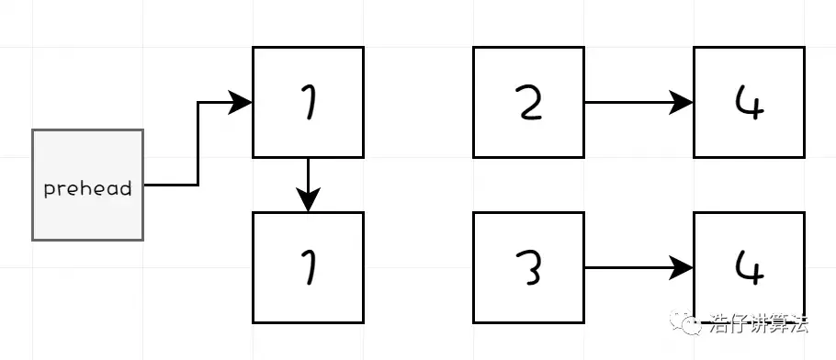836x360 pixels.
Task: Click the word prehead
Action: [x=88, y=189]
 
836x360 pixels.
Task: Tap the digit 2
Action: [x=528, y=103]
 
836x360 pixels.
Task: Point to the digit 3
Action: [x=528, y=267]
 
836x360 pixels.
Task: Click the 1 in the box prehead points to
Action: [x=308, y=103]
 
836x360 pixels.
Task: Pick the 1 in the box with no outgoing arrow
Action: [x=308, y=267]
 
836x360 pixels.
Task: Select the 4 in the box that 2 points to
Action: [x=749, y=103]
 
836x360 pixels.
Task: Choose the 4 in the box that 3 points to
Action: [x=749, y=267]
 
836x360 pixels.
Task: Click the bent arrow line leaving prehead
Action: [x=198, y=147]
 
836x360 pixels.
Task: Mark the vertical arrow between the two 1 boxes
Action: [x=308, y=179]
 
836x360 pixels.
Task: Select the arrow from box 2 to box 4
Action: [x=634, y=102]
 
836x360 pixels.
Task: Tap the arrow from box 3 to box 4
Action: [x=634, y=267]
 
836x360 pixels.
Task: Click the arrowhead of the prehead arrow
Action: [x=242, y=102]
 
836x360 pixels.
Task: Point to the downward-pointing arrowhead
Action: [x=308, y=200]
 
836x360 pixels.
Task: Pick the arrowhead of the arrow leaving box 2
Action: [x=683, y=102]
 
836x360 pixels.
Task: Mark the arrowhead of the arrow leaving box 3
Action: [x=683, y=267]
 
